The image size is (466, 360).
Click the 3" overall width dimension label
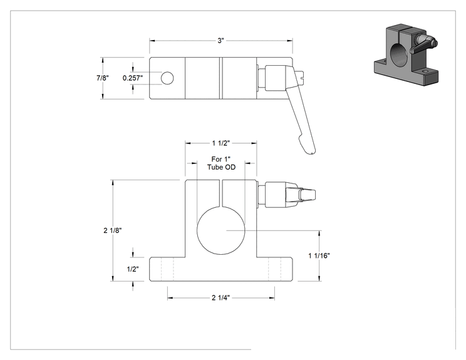click(x=220, y=41)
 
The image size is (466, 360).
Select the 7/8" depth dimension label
click(x=103, y=78)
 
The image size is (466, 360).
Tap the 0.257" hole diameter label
click(x=133, y=78)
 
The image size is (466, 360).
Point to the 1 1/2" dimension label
click(x=221, y=143)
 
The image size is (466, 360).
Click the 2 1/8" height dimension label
click(x=113, y=230)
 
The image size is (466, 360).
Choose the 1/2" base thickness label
click(x=133, y=269)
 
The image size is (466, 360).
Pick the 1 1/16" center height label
click(x=319, y=255)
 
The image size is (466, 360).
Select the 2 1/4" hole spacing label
click(x=221, y=297)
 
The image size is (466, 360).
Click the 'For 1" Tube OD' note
click(x=221, y=163)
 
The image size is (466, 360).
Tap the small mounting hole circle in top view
click(x=167, y=78)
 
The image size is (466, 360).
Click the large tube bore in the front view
click(x=221, y=230)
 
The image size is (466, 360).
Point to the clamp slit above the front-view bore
click(x=221, y=193)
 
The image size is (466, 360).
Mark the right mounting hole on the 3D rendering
click(x=426, y=71)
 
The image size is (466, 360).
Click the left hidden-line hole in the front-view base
click(x=167, y=269)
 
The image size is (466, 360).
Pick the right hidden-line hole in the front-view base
click(x=274, y=269)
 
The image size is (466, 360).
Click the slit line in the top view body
click(x=221, y=78)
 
